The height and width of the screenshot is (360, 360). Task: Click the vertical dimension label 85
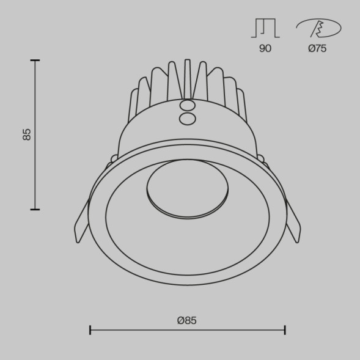tap(26, 134)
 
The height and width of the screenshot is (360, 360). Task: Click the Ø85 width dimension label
tap(187, 320)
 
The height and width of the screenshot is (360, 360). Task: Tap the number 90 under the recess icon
tap(265, 48)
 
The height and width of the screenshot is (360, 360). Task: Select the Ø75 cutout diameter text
tap(317, 48)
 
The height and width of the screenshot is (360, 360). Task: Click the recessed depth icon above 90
tap(265, 28)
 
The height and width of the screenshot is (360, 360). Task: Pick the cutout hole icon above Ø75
tap(318, 28)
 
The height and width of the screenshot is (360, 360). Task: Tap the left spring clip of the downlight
tap(83, 222)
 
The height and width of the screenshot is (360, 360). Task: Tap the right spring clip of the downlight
tap(292, 222)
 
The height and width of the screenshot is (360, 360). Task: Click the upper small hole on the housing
tap(187, 106)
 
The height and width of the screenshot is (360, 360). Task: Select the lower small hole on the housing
tap(188, 117)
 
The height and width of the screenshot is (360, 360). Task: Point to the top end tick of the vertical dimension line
tap(35, 61)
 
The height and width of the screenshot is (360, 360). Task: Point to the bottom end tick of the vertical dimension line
tap(35, 209)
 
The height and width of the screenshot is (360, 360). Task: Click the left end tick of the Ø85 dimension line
tap(90, 330)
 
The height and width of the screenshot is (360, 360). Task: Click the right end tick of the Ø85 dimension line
tap(285, 330)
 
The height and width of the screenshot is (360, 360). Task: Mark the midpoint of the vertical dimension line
tap(35, 134)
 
